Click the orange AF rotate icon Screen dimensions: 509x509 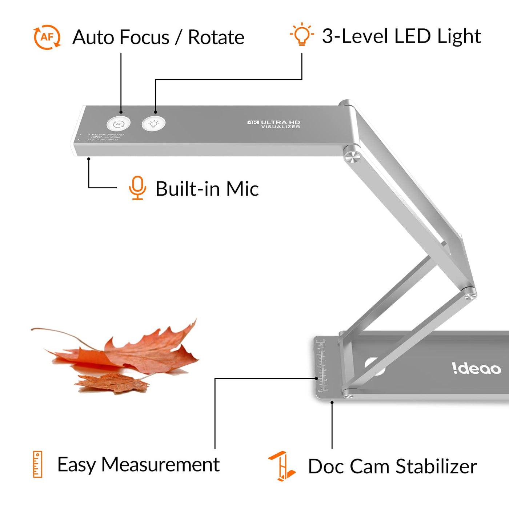47,37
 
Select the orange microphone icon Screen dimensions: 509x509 137,188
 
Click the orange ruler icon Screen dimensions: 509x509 37,464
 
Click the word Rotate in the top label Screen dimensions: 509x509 216,37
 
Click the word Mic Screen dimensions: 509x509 243,189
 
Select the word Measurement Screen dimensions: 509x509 160,465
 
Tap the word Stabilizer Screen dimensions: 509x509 436,466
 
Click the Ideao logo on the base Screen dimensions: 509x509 476,368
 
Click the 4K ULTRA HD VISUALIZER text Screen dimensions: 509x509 274,124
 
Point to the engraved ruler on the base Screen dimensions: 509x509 321,365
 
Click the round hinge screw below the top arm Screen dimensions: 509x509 352,157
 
